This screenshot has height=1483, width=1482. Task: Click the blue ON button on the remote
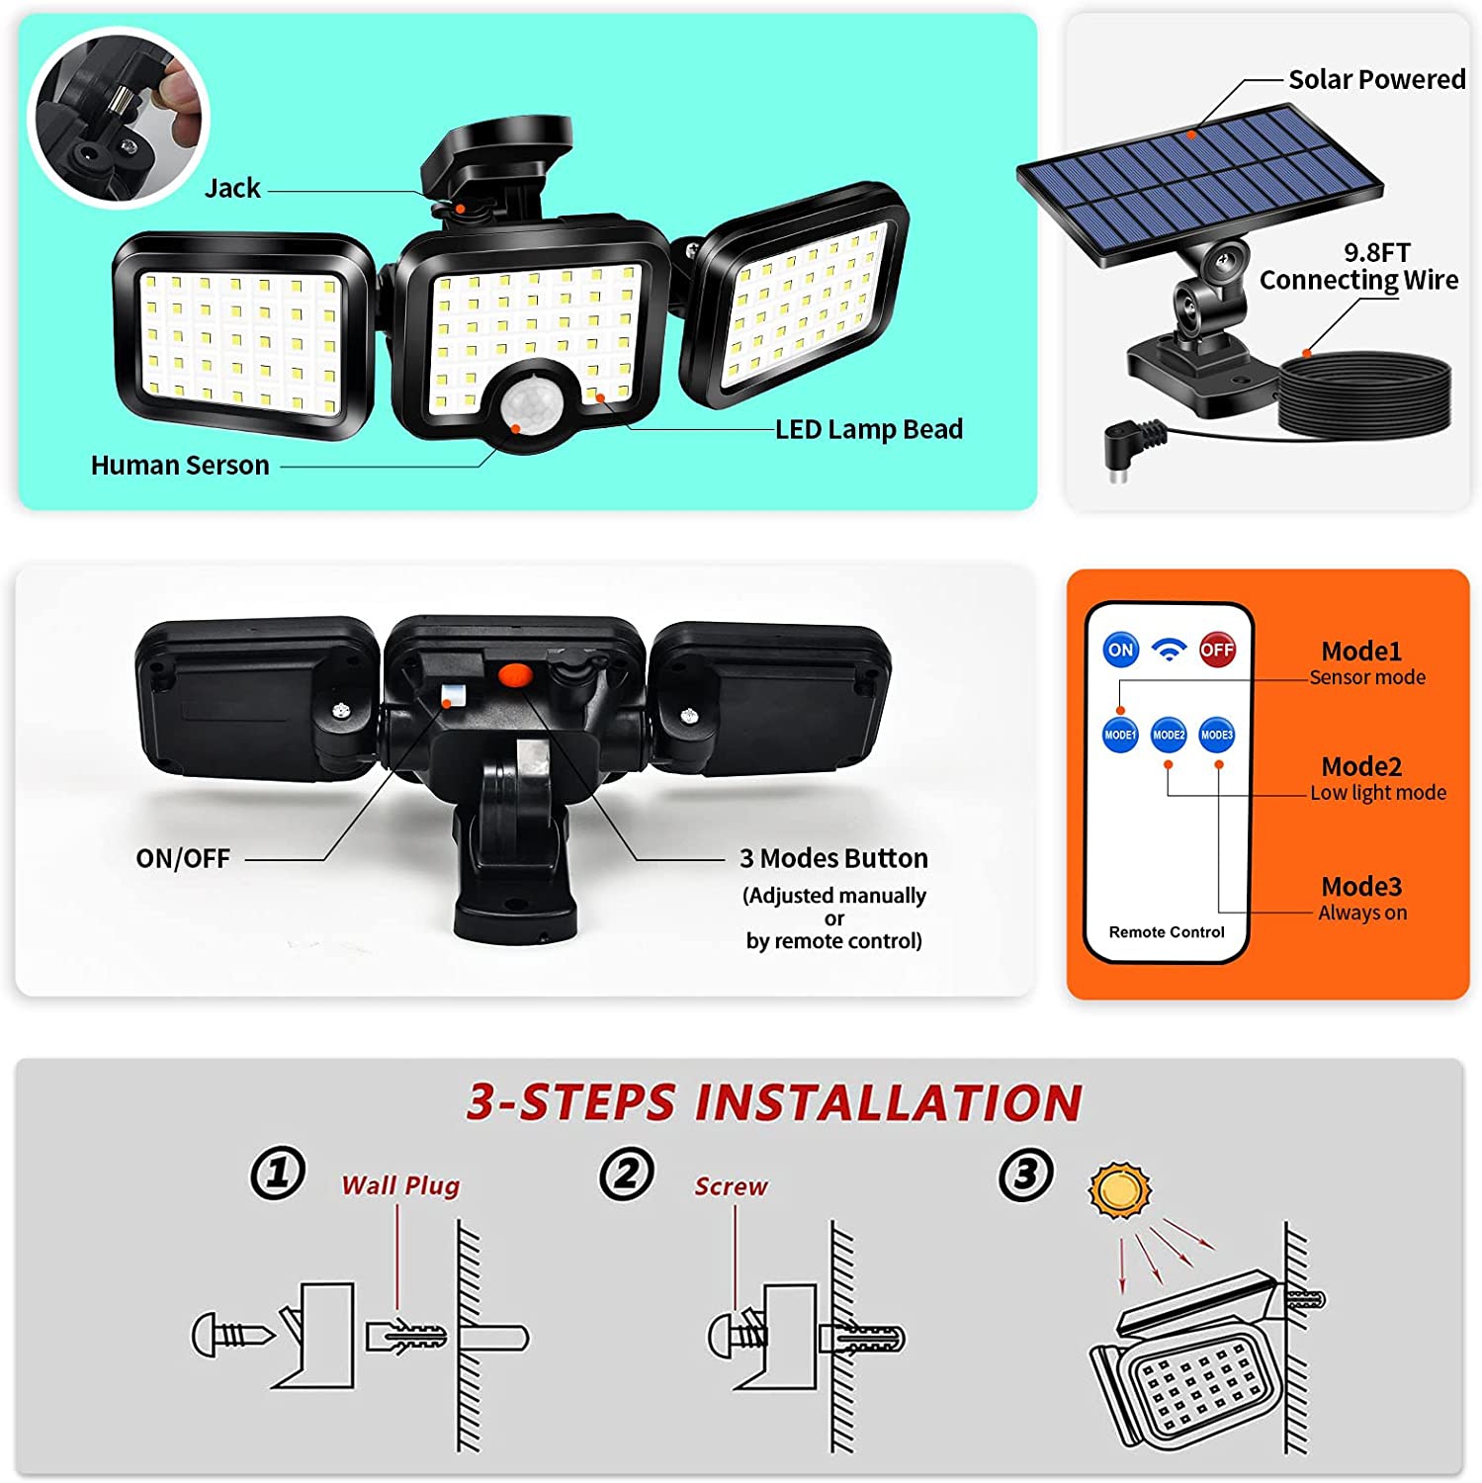click(x=1120, y=650)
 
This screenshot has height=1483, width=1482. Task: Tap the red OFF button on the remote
click(x=1217, y=650)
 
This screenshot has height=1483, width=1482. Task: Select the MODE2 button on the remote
click(x=1169, y=735)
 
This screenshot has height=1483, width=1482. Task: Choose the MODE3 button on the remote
click(x=1217, y=735)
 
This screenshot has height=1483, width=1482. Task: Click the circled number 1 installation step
click(x=277, y=1174)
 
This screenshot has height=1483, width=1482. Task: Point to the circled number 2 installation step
click(x=626, y=1175)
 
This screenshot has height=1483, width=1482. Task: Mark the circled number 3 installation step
click(x=1025, y=1175)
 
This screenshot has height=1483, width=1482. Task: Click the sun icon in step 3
click(x=1120, y=1190)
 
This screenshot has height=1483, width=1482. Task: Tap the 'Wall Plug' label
click(x=400, y=1185)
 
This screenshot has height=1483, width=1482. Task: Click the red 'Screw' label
click(x=731, y=1186)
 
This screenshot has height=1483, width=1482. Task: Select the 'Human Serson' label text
click(x=180, y=466)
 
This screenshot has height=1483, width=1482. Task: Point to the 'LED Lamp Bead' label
click(x=868, y=429)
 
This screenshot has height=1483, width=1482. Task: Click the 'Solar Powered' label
click(x=1376, y=79)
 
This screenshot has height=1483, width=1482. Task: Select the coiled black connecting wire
click(x=1364, y=395)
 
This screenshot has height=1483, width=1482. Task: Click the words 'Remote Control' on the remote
click(x=1167, y=932)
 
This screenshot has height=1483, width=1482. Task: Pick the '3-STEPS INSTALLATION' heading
click(x=775, y=1102)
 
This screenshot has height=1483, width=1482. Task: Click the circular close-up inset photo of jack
click(x=119, y=117)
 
